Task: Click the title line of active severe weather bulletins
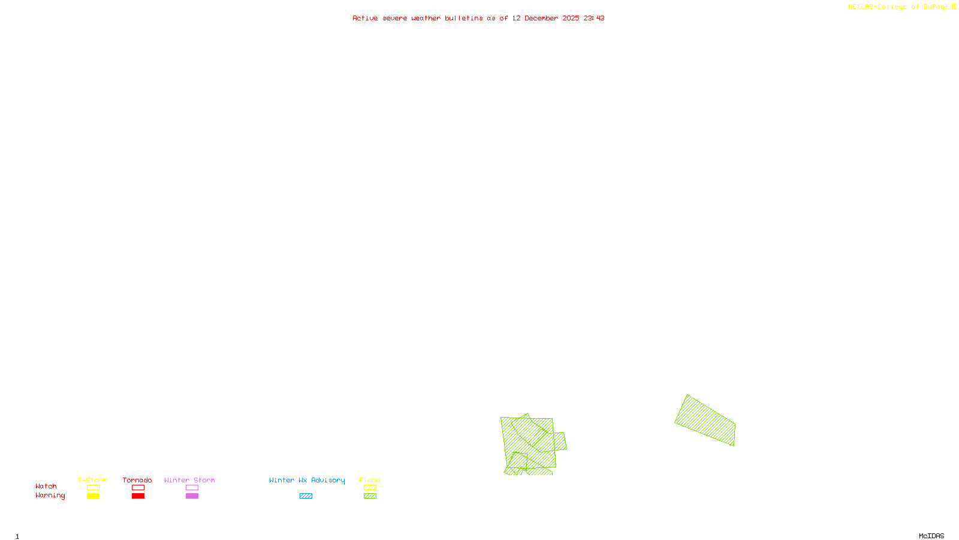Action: pyautogui.click(x=478, y=19)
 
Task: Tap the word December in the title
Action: pyautogui.click(x=541, y=19)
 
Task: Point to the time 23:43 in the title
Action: pyautogui.click(x=593, y=19)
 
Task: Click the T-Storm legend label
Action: pyautogui.click(x=92, y=480)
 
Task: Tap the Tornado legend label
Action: pyautogui.click(x=137, y=480)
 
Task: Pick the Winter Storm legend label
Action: pyautogui.click(x=189, y=480)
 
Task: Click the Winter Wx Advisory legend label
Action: pyautogui.click(x=307, y=480)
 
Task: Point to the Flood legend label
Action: pyautogui.click(x=370, y=480)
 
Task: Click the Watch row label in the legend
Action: pyautogui.click(x=46, y=487)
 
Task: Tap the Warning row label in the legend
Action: pyautogui.click(x=50, y=496)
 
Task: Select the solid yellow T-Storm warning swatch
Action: pyautogui.click(x=93, y=496)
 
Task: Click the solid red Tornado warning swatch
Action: pyautogui.click(x=138, y=496)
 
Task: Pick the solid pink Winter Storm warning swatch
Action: pyautogui.click(x=192, y=496)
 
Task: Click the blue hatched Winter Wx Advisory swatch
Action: pyautogui.click(x=306, y=496)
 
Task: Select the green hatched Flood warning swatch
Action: pyautogui.click(x=370, y=496)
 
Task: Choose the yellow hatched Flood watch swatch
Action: pyautogui.click(x=370, y=488)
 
